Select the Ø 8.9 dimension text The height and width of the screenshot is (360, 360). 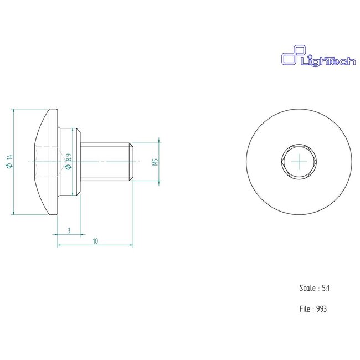[x=69, y=161]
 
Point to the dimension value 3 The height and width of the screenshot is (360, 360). [x=68, y=229]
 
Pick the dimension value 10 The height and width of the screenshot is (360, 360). [x=95, y=241]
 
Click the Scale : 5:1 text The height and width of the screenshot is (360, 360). [x=315, y=288]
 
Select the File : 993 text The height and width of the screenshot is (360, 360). [x=313, y=308]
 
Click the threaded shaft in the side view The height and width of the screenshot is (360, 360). [x=105, y=161]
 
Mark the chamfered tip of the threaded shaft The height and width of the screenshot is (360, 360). [x=131, y=161]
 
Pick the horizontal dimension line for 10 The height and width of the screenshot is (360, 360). [x=111, y=245]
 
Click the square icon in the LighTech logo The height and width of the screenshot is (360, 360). [x=289, y=58]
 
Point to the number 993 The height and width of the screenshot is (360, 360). [x=321, y=308]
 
